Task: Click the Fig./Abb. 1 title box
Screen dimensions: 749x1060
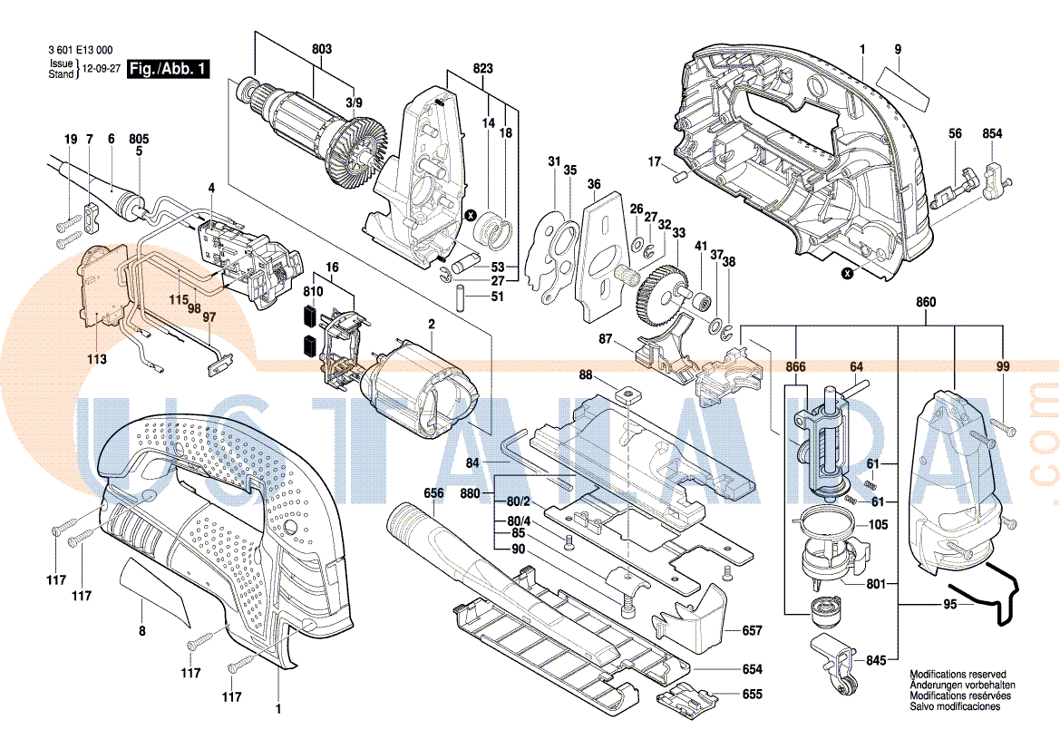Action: coord(169,69)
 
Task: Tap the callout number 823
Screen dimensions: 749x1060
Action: coord(483,69)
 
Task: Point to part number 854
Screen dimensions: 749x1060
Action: coord(992,134)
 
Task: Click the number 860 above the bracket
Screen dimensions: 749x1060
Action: coord(926,302)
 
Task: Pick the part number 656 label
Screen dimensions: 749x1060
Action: coord(433,493)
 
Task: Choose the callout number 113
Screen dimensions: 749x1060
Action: coord(97,359)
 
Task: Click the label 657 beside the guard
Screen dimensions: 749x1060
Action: coord(752,630)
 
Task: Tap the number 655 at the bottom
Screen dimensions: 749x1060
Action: coord(752,695)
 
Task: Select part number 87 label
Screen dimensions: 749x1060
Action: coord(606,338)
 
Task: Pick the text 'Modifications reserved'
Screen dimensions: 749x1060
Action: coord(958,676)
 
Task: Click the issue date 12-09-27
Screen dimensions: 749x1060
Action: coord(101,69)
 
